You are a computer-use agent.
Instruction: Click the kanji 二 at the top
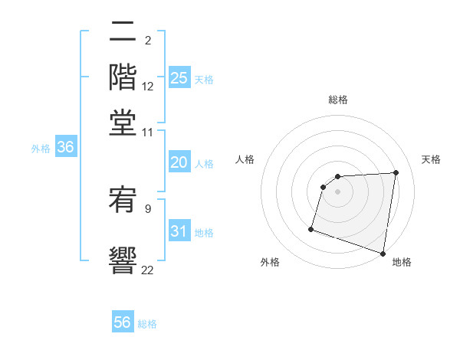point(123,33)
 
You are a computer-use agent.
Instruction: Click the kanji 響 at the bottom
point(123,257)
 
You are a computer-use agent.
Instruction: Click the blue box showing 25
point(179,78)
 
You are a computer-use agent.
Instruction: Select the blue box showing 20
point(179,162)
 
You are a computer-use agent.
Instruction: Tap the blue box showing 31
point(179,231)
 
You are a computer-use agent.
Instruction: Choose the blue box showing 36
point(65,148)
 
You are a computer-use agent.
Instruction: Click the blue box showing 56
point(123,322)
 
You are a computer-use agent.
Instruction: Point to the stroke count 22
point(147,269)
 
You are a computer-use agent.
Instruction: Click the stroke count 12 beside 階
point(147,87)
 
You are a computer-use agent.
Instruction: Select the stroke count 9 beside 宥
point(148,208)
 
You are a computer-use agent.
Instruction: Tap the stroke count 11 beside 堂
point(147,132)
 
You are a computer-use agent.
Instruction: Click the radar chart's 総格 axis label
point(338,100)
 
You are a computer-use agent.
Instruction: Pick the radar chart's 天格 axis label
point(432,159)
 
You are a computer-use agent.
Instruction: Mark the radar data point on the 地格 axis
point(383,253)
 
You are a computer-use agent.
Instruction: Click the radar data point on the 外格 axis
point(311,228)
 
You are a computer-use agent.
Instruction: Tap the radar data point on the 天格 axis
point(396,172)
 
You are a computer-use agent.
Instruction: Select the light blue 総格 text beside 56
point(147,324)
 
